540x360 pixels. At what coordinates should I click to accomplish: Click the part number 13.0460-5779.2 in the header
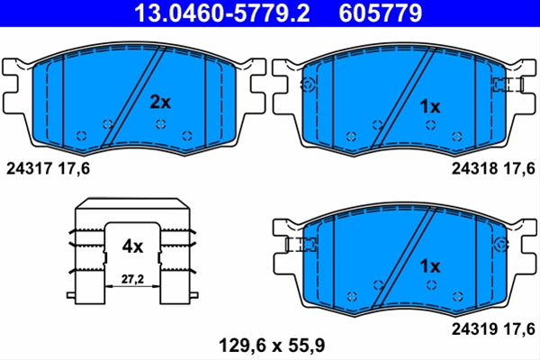[x=221, y=13]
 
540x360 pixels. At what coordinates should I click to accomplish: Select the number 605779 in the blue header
[x=381, y=13]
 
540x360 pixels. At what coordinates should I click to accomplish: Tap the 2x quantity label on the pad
[x=160, y=103]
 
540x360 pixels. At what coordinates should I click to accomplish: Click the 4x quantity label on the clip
[x=132, y=247]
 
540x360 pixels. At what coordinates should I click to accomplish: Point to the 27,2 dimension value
[x=132, y=279]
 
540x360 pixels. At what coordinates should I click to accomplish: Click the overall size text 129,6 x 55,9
[x=272, y=346]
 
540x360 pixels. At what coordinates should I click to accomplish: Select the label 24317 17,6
[x=48, y=169]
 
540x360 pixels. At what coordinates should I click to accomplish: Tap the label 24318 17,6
[x=493, y=168]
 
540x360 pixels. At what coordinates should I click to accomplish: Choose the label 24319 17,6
[x=493, y=329]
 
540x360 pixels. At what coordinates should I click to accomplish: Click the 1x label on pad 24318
[x=430, y=107]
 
